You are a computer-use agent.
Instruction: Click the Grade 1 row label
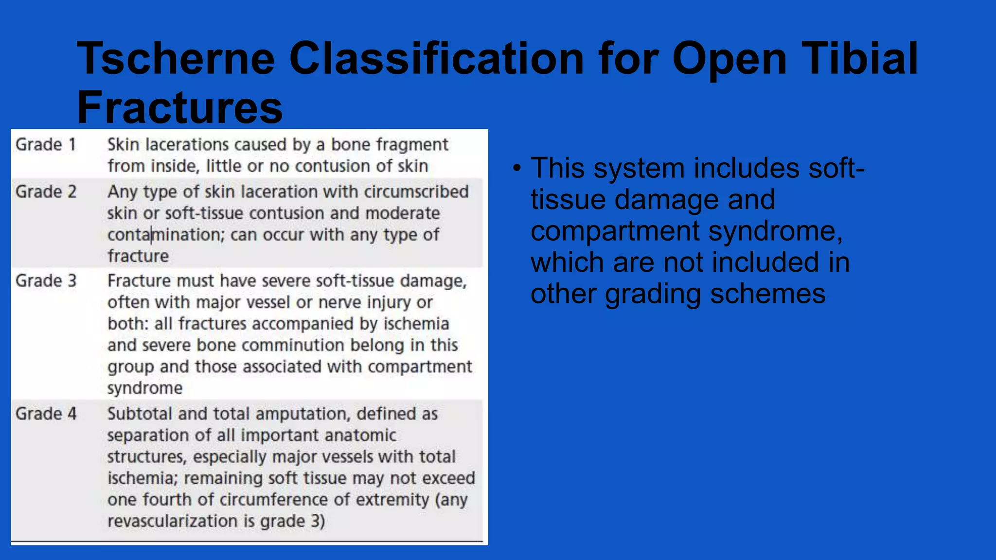click(x=46, y=145)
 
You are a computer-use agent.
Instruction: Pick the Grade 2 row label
click(x=46, y=192)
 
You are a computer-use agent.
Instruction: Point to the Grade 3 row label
click(x=46, y=281)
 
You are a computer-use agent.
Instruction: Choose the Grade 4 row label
click(x=46, y=414)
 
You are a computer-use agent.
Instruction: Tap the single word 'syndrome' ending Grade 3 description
click(x=145, y=388)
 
